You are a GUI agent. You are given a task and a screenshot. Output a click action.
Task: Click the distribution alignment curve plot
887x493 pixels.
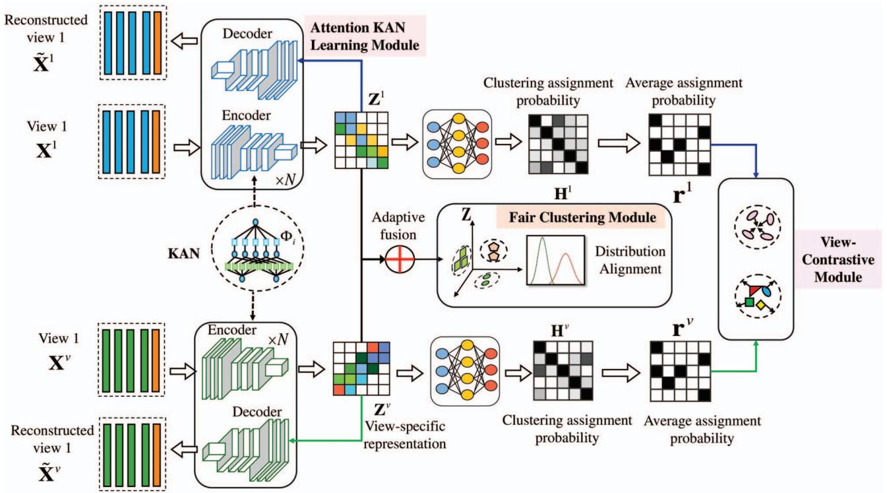click(555, 261)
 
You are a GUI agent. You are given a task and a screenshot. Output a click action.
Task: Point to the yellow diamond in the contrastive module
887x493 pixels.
click(761, 306)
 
